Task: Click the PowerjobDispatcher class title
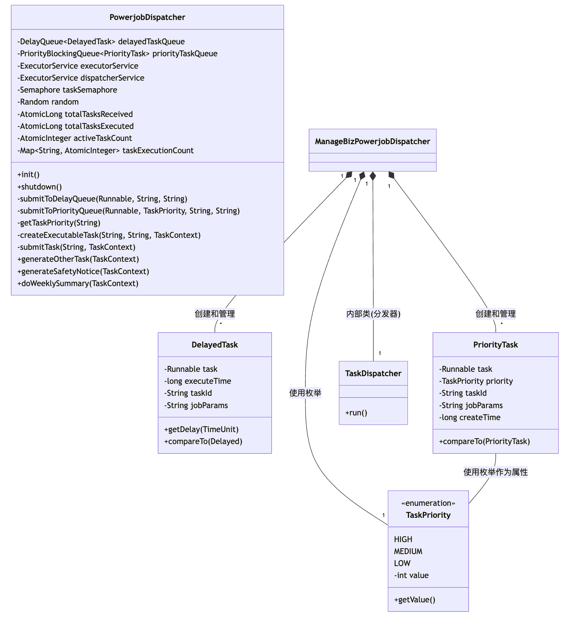pos(147,17)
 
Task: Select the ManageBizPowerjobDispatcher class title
pos(372,142)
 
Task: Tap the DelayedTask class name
pos(215,345)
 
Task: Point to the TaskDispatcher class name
pos(373,374)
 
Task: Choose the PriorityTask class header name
pos(495,345)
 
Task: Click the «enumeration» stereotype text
pos(428,503)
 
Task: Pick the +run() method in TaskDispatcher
pos(356,413)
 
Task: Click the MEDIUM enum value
pos(408,552)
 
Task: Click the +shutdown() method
pos(40,187)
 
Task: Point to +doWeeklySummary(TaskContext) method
pos(78,284)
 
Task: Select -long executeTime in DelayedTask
pos(198,381)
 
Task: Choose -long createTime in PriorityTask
pos(470,418)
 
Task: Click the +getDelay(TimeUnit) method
pos(201,430)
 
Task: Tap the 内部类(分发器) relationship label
pos(373,314)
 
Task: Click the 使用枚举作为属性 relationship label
pos(495,472)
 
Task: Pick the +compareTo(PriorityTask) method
pos(484,442)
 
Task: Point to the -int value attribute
pos(411,576)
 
